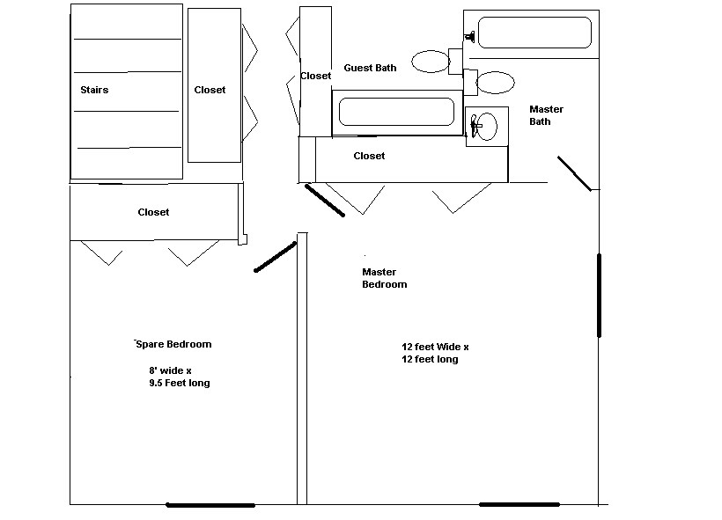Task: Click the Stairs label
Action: (x=94, y=90)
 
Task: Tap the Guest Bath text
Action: (x=370, y=68)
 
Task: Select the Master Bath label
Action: (x=545, y=115)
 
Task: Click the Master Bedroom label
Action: (x=385, y=278)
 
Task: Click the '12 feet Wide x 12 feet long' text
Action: (x=435, y=353)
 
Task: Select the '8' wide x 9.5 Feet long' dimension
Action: (x=179, y=377)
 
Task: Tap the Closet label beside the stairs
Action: (x=210, y=90)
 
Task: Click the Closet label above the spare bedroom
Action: (x=153, y=212)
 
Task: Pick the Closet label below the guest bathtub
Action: (x=369, y=156)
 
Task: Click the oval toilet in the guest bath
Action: (x=431, y=62)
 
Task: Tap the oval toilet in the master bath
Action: (x=496, y=83)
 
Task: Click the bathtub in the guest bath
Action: (x=397, y=113)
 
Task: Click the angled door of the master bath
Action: (x=574, y=173)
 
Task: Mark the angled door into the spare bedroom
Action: (x=275, y=257)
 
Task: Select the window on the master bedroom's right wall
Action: (x=600, y=295)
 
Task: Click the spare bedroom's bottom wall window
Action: (x=210, y=505)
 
